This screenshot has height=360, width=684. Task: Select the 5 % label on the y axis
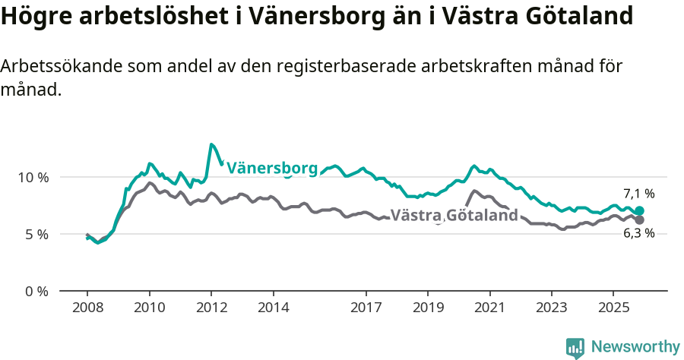pos(36,234)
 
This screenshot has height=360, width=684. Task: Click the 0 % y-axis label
pos(36,291)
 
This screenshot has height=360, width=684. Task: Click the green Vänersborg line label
pos(272,168)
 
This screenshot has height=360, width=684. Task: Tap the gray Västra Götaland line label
pos(454,215)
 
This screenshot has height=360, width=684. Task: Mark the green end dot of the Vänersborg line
pos(639,211)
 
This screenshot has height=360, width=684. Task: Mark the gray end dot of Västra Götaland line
pos(639,220)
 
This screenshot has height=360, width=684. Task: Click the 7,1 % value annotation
pos(638,194)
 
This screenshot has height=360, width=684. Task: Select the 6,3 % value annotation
pos(638,234)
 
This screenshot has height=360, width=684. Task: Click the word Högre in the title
pos(33,17)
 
